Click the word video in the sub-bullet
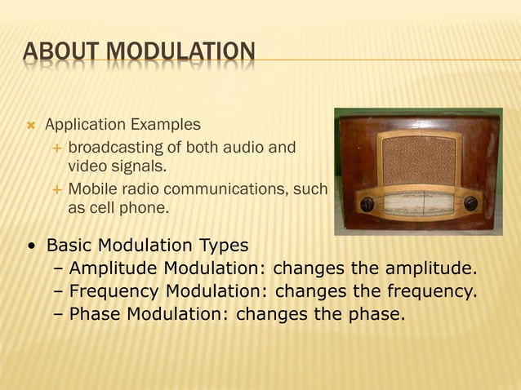pos(86,166)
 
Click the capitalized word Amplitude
pos(114,268)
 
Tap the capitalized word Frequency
pos(115,290)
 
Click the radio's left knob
pos(367,204)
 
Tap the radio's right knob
pos(470,202)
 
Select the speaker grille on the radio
pos(418,160)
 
